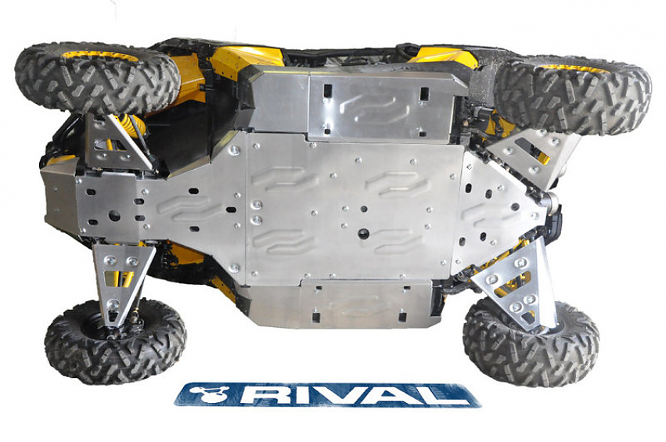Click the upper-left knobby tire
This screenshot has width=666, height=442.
(x=94, y=78)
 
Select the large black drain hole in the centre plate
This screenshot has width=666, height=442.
(x=365, y=233)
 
